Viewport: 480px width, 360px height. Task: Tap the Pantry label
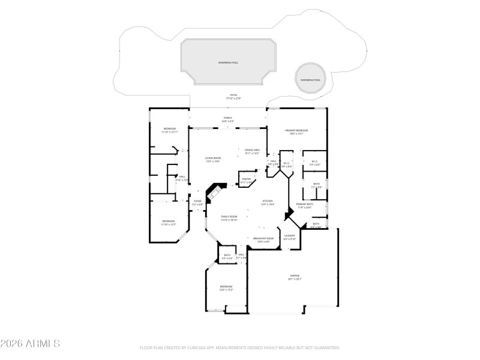[246, 180]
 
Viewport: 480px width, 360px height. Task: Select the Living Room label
[214, 160]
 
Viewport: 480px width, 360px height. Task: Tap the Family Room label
[229, 218]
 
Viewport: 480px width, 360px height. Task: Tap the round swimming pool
[310, 80]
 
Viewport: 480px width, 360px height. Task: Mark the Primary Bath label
[304, 206]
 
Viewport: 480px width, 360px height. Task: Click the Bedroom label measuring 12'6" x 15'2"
[226, 288]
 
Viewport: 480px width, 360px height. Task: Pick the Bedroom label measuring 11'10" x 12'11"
[170, 131]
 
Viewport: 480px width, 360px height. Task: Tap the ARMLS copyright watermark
[30, 344]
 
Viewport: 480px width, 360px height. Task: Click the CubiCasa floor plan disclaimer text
[240, 347]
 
